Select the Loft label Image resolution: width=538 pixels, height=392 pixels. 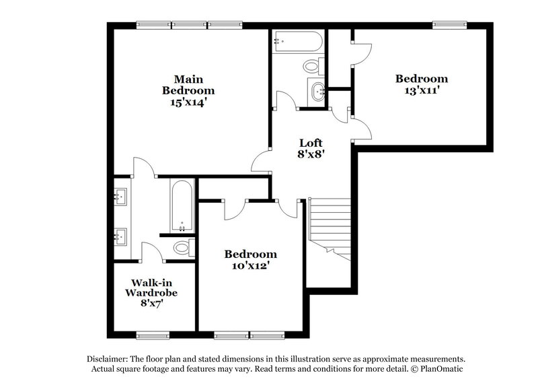tap(311, 143)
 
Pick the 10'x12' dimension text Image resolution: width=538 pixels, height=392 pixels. tap(250, 265)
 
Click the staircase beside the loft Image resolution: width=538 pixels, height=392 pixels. tap(330, 229)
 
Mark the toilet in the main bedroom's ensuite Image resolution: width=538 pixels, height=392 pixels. tap(182, 247)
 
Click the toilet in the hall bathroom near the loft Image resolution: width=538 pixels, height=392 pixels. tap(312, 67)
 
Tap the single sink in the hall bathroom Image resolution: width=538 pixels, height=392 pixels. tap(317, 90)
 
